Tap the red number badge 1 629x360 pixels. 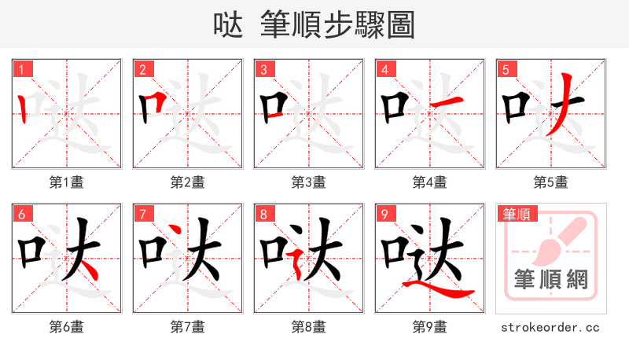(21, 69)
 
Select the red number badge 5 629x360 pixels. (506, 69)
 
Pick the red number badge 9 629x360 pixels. (384, 214)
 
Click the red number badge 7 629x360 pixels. (142, 214)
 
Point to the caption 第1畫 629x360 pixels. (67, 182)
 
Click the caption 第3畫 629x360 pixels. (309, 182)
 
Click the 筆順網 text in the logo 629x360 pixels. (550, 280)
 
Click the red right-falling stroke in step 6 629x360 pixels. (89, 270)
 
